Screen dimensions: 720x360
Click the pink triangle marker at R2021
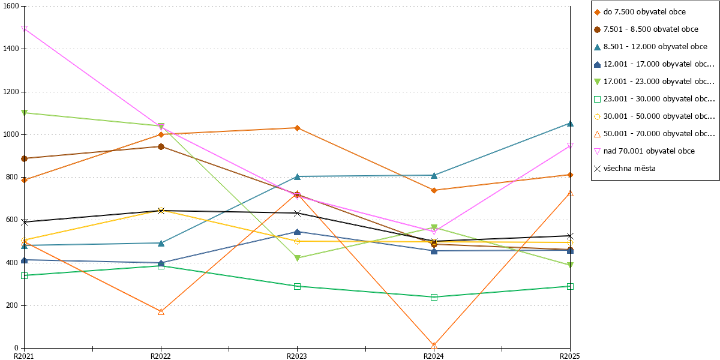pos(24,29)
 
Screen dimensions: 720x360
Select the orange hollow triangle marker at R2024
pos(434,346)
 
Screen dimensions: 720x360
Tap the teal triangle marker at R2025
pos(570,124)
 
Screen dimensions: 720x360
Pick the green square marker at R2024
pos(434,298)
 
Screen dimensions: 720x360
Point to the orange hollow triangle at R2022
pos(161,312)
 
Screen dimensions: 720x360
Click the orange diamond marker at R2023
pos(298,128)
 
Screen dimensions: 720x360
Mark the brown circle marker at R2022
pos(161,147)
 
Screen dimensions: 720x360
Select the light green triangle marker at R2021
pos(24,113)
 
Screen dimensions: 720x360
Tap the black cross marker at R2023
pos(298,213)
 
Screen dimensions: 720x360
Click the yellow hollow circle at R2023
pos(298,241)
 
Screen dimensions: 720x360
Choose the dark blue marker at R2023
pos(298,232)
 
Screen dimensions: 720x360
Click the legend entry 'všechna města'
pos(629,169)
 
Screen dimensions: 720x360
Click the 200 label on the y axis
pos(12,305)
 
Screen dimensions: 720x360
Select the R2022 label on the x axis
pos(161,356)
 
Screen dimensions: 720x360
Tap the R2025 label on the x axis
pos(570,356)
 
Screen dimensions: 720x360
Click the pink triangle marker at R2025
pos(570,146)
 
